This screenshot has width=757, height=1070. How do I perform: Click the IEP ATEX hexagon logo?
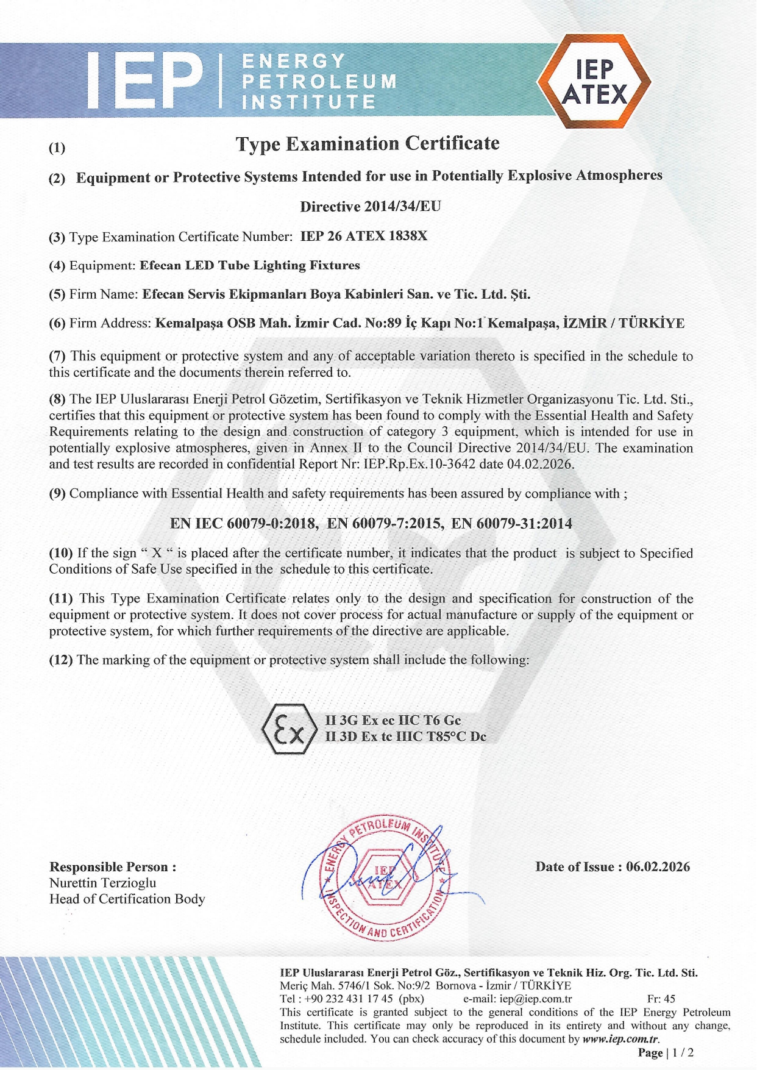point(593,82)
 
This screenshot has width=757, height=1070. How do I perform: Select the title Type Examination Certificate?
point(368,144)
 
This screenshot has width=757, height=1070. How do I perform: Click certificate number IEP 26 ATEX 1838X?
point(364,236)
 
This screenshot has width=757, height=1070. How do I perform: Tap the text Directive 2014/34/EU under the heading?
point(370,206)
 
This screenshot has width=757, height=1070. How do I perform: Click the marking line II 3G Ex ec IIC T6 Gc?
point(393,720)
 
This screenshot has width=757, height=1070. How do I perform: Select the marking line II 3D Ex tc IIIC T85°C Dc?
point(405,737)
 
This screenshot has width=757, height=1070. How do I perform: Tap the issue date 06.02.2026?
point(658,867)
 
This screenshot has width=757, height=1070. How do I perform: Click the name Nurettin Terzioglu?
point(102,883)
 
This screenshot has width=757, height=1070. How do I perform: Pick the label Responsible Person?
point(113,867)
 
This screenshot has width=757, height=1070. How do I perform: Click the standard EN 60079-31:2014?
point(511,523)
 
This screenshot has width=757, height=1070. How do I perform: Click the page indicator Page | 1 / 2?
point(666,1053)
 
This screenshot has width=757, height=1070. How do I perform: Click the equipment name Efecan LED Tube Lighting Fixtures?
point(250,265)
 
